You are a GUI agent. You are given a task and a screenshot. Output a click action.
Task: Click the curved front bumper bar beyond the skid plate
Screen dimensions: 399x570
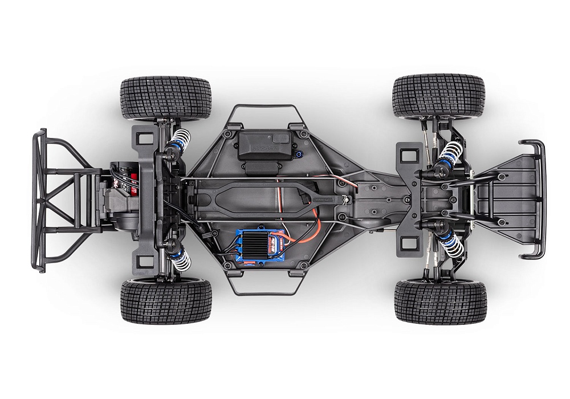pyautogui.click(x=539, y=199)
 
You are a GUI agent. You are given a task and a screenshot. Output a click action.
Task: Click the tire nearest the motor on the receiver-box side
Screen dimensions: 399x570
pyautogui.click(x=165, y=97)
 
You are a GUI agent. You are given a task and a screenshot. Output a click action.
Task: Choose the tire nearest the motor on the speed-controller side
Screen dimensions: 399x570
pyautogui.click(x=165, y=300)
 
